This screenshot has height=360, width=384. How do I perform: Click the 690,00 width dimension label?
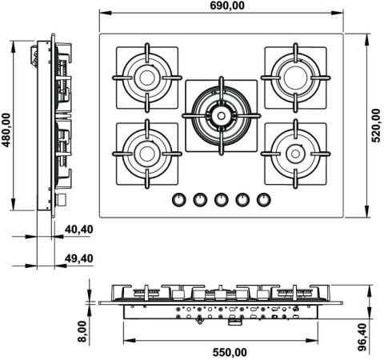pos(227,6)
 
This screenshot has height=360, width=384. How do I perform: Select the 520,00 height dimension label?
pos(376,126)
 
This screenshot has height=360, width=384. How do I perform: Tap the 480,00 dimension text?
pos(6,130)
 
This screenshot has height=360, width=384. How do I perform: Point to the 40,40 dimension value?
pos(79,230)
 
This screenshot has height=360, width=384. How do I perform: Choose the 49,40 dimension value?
pos(79,258)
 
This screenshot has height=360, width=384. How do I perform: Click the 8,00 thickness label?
pos(82,331)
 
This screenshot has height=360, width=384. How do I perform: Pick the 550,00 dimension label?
pos(230,353)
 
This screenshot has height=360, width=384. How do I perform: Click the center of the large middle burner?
pos(221,116)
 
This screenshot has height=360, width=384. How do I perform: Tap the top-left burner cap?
pos(147,78)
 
